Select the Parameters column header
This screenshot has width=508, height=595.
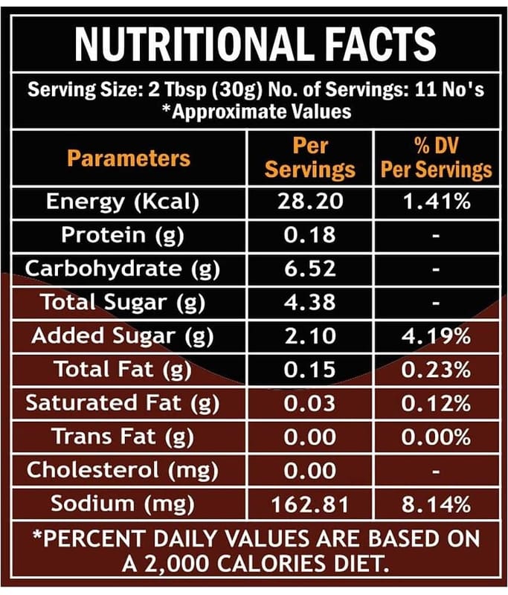pyautogui.click(x=129, y=158)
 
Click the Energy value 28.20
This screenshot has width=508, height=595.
pyautogui.click(x=310, y=202)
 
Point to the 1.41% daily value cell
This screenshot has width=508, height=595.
pyautogui.click(x=436, y=202)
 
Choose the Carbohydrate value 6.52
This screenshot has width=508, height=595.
pyautogui.click(x=310, y=268)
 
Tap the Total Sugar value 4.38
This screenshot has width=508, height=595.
pyautogui.click(x=310, y=302)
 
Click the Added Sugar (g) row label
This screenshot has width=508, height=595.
pyautogui.click(x=123, y=336)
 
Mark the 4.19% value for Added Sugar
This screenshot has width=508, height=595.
pyautogui.click(x=436, y=336)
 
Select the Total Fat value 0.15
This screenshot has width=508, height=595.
pyautogui.click(x=310, y=370)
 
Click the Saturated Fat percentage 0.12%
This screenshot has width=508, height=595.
pyautogui.click(x=436, y=403)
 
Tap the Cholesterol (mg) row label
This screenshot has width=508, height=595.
pyautogui.click(x=122, y=470)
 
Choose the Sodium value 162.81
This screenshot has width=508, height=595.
pyautogui.click(x=310, y=504)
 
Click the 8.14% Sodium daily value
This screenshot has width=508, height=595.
pyautogui.click(x=436, y=504)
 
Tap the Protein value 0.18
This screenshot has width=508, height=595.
pyautogui.click(x=310, y=235)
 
